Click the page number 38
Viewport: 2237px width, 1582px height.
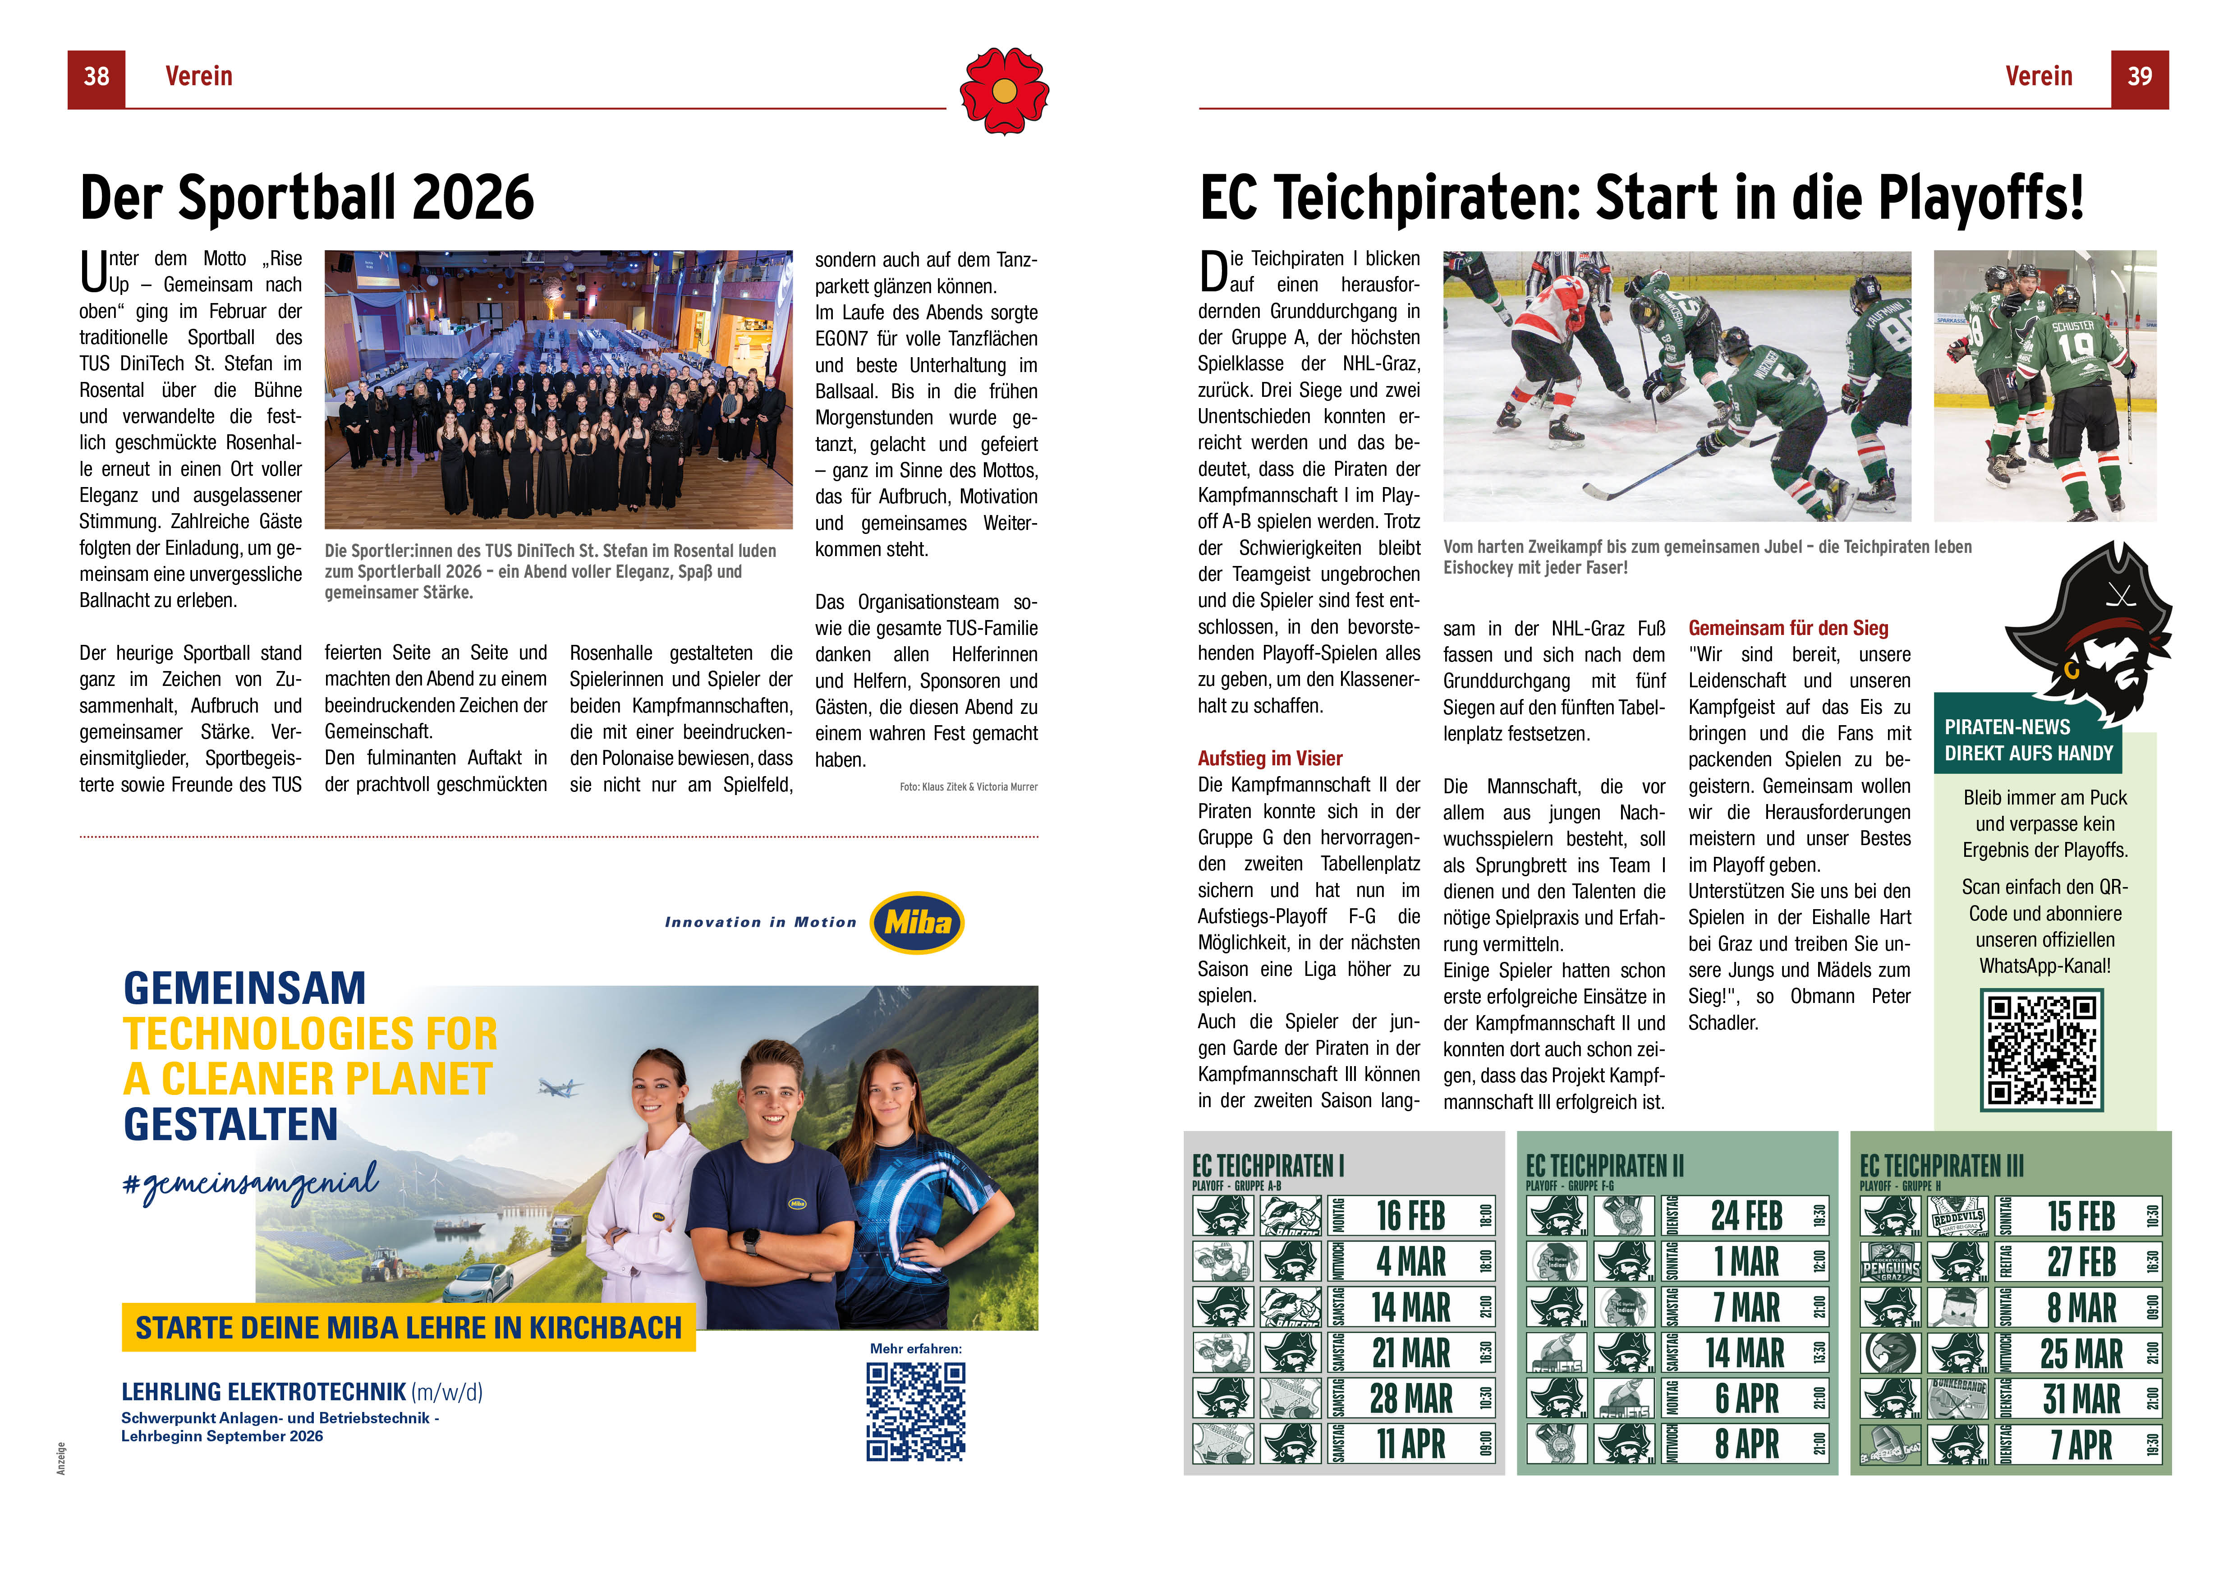pyautogui.click(x=96, y=77)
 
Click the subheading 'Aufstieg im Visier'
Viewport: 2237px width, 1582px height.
pyautogui.click(x=1269, y=758)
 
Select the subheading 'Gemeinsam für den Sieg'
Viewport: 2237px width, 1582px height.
pyautogui.click(x=1788, y=628)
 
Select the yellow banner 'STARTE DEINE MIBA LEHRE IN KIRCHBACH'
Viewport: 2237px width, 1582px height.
pyautogui.click(x=408, y=1328)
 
